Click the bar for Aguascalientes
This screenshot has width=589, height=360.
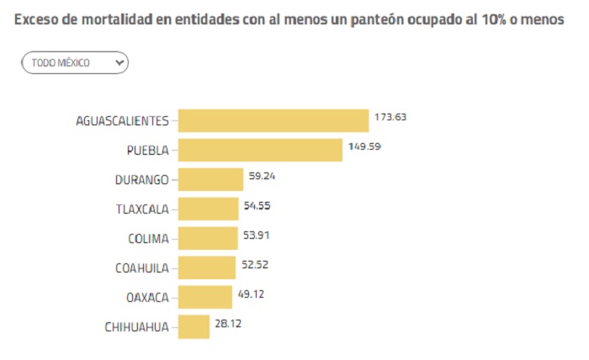coord(273,120)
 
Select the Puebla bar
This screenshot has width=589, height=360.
coord(261,150)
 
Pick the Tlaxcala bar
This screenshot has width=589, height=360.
coord(209,209)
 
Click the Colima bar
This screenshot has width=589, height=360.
coord(208,238)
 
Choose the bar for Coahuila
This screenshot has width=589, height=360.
coord(207,267)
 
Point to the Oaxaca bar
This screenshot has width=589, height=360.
coord(205,297)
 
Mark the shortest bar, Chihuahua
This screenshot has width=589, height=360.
coord(194,326)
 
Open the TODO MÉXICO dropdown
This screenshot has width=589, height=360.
coord(75,62)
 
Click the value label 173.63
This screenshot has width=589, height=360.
coord(390,117)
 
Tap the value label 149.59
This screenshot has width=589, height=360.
coord(365,146)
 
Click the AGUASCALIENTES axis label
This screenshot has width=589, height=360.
coord(122,120)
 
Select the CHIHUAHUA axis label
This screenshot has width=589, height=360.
coord(136,326)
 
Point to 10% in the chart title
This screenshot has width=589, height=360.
coord(499,19)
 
